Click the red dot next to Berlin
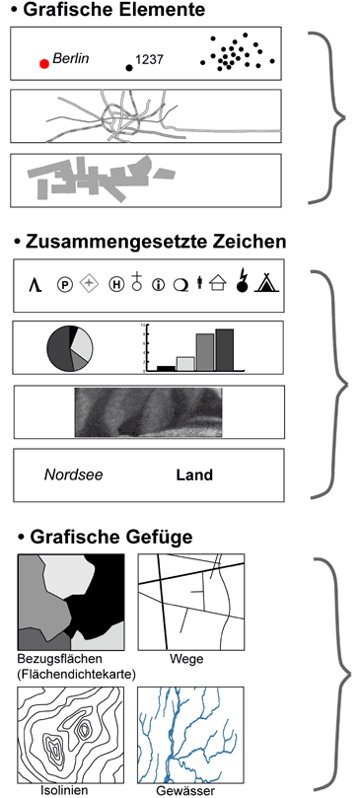coord(44,63)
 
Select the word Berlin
coord(71,58)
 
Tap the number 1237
coord(150,60)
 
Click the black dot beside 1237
coord(129,68)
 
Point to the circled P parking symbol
coord(65,284)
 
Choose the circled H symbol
coord(116,284)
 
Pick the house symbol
coord(218,282)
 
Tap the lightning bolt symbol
coord(243,280)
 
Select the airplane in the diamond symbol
coord(89,283)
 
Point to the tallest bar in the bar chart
coord(224,349)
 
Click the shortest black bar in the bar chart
coord(166,368)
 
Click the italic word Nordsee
coord(73,475)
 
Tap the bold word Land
coord(194,475)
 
